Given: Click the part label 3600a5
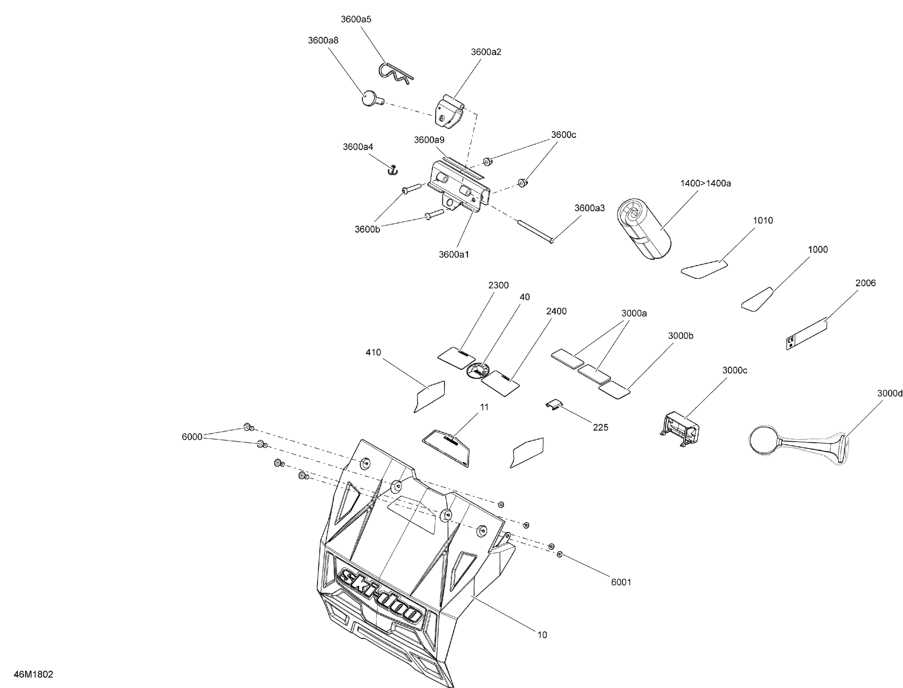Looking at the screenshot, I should tap(356, 19).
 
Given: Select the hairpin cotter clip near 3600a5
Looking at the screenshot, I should tap(394, 74).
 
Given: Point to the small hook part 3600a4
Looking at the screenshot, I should tap(393, 169).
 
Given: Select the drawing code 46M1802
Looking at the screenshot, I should tap(34, 674).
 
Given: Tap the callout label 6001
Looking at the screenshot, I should tap(621, 582).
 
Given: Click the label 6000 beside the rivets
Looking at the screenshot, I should tap(192, 437).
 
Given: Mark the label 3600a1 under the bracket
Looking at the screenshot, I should tap(454, 254).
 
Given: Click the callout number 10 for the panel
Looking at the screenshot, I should tap(542, 635).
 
